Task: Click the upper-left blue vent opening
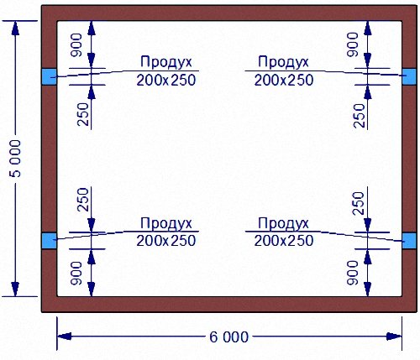click(49, 76)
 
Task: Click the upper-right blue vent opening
click(409, 76)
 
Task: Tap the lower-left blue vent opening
click(49, 241)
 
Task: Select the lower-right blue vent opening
click(409, 241)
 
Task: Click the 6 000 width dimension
click(228, 337)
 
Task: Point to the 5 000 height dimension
click(15, 159)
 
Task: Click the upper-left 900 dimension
click(76, 45)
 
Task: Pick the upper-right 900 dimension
click(353, 45)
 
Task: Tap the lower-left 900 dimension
click(76, 274)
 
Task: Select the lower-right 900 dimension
click(353, 273)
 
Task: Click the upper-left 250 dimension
click(83, 114)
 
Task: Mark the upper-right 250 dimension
click(360, 116)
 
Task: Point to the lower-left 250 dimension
click(83, 200)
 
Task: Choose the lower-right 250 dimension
click(360, 203)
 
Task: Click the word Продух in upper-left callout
click(166, 62)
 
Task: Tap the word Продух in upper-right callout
click(283, 62)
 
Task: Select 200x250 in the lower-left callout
click(166, 241)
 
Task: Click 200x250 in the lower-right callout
click(284, 241)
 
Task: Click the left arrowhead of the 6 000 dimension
click(64, 337)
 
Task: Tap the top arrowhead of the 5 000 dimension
click(15, 28)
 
